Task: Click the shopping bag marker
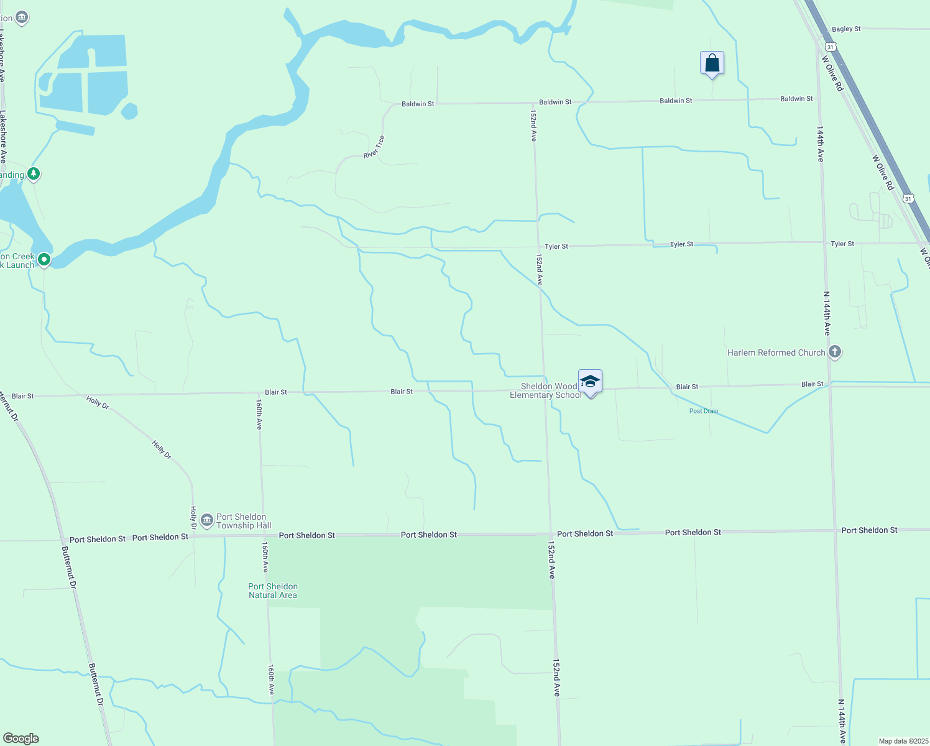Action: click(712, 63)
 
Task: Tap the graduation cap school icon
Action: click(590, 381)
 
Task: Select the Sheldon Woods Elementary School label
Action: click(546, 390)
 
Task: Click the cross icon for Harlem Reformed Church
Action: click(835, 352)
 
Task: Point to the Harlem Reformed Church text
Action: click(776, 352)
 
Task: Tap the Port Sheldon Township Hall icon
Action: click(207, 520)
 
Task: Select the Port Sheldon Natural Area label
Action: click(273, 591)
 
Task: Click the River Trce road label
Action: click(374, 147)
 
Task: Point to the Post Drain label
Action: click(704, 411)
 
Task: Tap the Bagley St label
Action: click(846, 29)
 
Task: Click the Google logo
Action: click(21, 739)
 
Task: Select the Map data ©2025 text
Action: click(903, 741)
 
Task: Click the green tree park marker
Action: click(34, 174)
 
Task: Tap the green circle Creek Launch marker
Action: click(44, 259)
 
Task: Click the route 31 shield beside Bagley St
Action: click(831, 47)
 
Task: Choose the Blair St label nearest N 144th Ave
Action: click(812, 384)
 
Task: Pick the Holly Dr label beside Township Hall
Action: click(193, 518)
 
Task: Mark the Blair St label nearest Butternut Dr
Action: click(23, 396)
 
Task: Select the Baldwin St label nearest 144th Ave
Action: click(796, 99)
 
